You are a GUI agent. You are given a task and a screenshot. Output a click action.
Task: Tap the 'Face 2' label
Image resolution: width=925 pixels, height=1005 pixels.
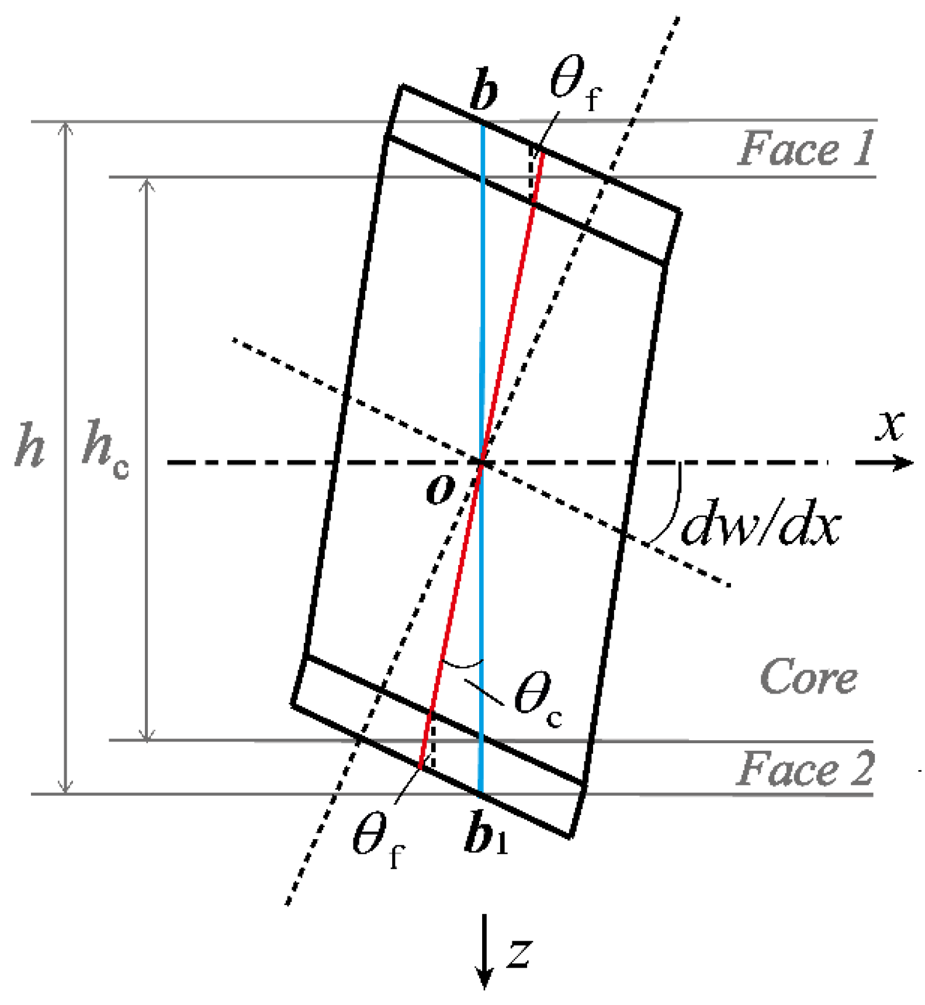[x=805, y=769]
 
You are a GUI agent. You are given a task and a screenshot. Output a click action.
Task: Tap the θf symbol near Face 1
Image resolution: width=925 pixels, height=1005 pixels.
[x=574, y=82]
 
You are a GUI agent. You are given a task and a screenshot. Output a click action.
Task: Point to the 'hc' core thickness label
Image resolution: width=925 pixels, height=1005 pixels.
[x=105, y=449]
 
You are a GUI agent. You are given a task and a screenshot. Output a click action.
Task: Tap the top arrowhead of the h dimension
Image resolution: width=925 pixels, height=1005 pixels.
[x=66, y=127]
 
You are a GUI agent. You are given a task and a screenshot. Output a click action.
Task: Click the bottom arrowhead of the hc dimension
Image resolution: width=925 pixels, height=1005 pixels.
[x=147, y=736]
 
